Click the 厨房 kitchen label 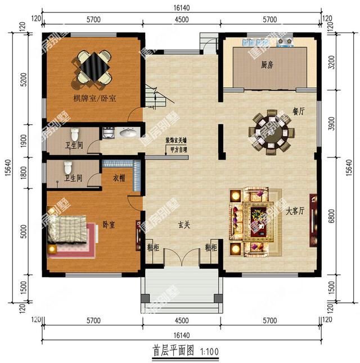coord(267,65)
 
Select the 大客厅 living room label coord(294,212)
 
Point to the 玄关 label coord(184,225)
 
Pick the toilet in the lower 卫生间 coord(69,167)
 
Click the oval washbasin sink coord(128,133)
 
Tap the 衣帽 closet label coord(119,179)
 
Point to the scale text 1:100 coord(208,352)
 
